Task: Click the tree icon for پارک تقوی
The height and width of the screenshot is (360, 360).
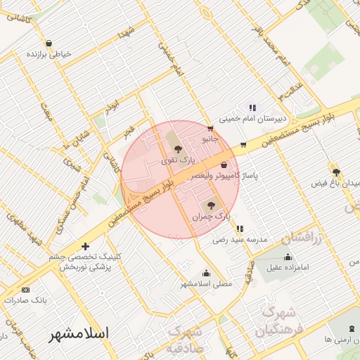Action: [x=177, y=149]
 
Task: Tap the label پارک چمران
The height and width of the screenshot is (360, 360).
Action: [x=211, y=217]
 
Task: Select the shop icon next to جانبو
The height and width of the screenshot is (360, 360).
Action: [x=210, y=129]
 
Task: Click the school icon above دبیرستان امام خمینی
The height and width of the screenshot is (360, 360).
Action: [x=252, y=108]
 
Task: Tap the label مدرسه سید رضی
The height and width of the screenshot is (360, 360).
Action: [x=241, y=240]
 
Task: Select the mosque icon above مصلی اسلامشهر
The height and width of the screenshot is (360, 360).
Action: [x=206, y=273]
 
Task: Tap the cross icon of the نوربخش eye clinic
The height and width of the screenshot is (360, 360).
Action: [x=86, y=246]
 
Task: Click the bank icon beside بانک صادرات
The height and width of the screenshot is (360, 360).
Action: [x=26, y=290]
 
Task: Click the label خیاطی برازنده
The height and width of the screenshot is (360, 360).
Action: [x=51, y=54]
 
